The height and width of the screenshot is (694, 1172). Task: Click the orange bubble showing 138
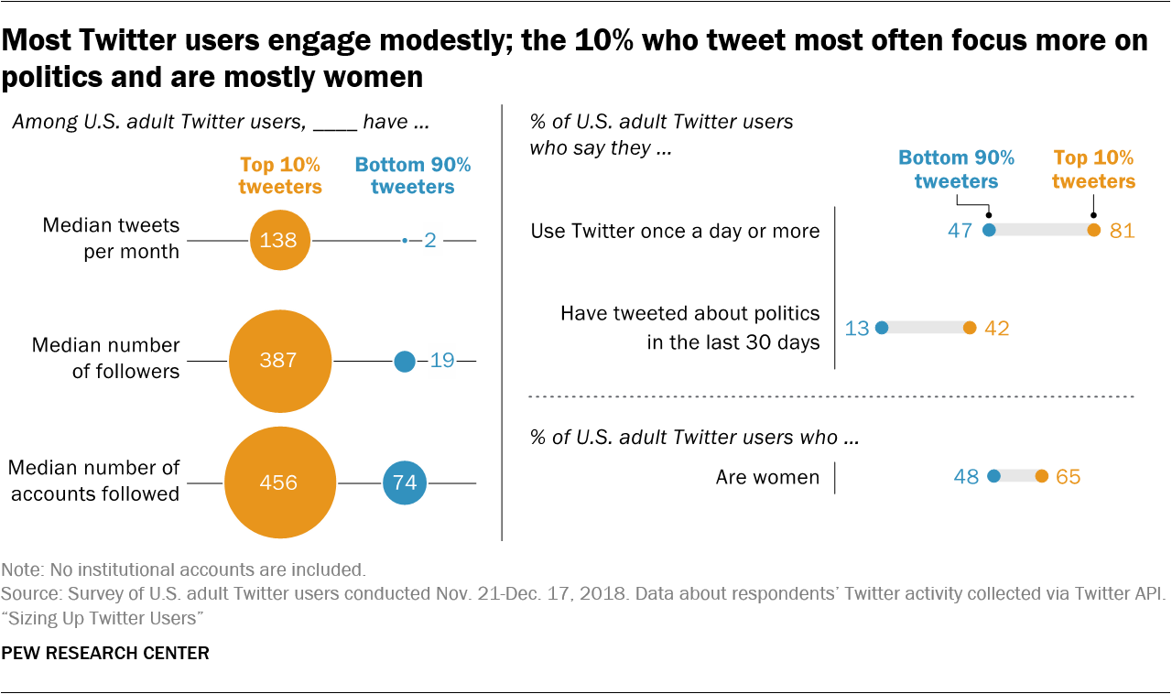[x=279, y=240]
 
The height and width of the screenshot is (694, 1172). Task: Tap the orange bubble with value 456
[x=279, y=483]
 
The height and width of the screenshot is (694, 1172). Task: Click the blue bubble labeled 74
[x=405, y=483]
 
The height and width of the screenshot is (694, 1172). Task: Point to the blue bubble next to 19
[x=405, y=362]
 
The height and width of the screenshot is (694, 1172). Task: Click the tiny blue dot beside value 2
[x=405, y=241]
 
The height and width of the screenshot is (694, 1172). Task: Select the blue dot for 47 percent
[x=989, y=231]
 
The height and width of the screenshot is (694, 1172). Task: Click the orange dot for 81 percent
[x=1093, y=231]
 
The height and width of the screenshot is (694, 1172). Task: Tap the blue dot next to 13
[x=882, y=328]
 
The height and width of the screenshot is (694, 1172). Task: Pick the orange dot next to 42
[x=970, y=328]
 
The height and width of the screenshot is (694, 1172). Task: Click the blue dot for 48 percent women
[x=994, y=476]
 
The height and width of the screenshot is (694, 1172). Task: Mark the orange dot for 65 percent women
[x=1041, y=476]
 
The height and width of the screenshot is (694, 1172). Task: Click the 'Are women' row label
[x=767, y=477]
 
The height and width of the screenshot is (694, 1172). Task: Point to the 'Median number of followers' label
[x=105, y=358]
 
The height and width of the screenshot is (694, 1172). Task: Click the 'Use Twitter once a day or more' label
[x=675, y=231]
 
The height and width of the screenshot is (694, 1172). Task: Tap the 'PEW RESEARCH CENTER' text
[x=105, y=653]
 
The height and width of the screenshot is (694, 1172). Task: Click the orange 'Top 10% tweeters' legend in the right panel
[x=1093, y=169]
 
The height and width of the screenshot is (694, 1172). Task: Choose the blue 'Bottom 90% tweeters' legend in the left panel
[x=413, y=176]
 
